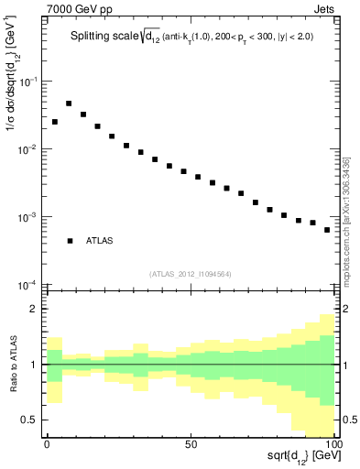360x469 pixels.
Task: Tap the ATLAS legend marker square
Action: (70, 241)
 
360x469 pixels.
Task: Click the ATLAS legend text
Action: (101, 241)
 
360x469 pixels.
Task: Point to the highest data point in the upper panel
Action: (69, 104)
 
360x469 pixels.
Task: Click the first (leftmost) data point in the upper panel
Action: (55, 122)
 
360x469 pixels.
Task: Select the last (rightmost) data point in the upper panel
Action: (327, 230)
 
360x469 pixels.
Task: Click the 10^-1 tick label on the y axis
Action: (28, 82)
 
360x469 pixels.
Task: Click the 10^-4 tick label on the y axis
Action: (28, 285)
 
